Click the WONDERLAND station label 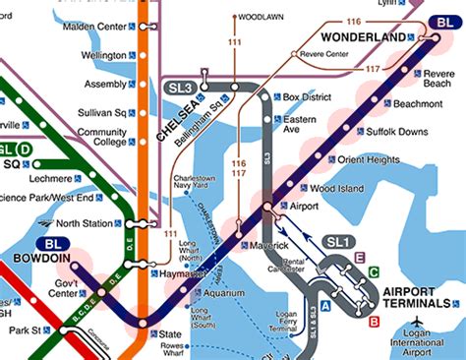coord(371,37)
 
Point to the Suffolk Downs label coord(397,131)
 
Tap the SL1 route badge coord(338,241)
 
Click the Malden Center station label coord(93,27)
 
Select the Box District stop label coord(303,97)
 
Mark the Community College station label coord(102,138)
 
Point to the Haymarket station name coord(181,273)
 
